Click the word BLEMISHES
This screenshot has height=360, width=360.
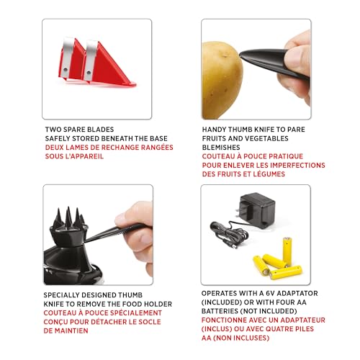click(x=226, y=147)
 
